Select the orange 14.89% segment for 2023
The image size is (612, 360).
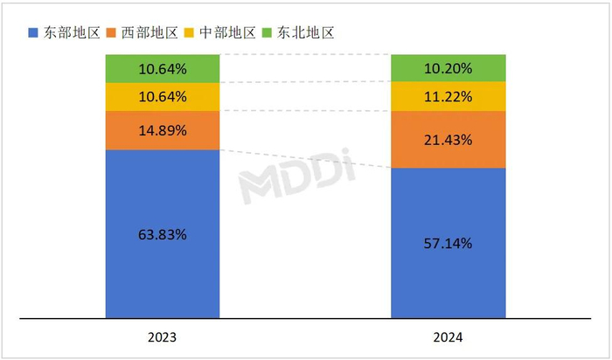[x=163, y=131]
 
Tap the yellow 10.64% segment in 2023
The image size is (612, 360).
[x=163, y=97]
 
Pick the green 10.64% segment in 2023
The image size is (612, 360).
[x=163, y=68]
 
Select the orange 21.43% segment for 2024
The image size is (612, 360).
[x=448, y=139]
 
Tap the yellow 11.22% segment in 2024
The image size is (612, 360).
[x=448, y=96]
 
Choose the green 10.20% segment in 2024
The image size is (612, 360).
[x=448, y=67]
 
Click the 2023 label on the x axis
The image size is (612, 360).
[x=163, y=337]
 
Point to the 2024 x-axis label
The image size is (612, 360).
[x=448, y=337]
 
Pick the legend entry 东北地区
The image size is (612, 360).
[x=305, y=32]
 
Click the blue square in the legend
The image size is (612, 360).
[x=33, y=33]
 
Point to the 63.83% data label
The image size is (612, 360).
[x=163, y=234]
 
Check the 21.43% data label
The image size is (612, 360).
[x=448, y=139]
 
